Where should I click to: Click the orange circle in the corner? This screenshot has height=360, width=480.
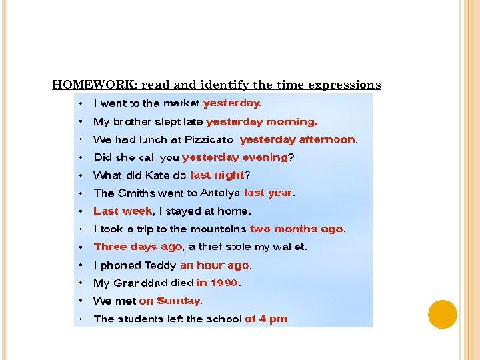click(x=442, y=314)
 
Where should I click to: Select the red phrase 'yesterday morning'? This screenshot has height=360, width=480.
click(x=261, y=121)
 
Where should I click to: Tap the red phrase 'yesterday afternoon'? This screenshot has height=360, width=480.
click(x=297, y=139)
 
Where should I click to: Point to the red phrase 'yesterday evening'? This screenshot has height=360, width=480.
click(x=235, y=157)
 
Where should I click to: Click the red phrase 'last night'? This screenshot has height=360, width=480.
click(x=217, y=175)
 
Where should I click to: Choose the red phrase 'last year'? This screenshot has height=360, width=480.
click(x=268, y=193)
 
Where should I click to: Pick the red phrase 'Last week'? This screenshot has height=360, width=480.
click(x=123, y=211)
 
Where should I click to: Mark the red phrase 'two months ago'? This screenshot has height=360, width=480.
click(x=296, y=229)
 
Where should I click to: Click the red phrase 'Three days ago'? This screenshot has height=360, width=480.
click(x=137, y=247)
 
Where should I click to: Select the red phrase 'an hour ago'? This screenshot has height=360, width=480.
click(x=214, y=265)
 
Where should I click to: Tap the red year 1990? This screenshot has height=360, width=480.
click(x=224, y=283)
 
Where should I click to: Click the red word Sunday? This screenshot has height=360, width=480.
click(x=178, y=301)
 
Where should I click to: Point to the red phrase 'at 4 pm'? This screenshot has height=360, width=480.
click(x=265, y=319)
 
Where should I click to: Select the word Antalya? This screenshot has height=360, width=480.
click(x=220, y=193)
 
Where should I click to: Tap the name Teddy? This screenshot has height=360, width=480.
click(x=160, y=265)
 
